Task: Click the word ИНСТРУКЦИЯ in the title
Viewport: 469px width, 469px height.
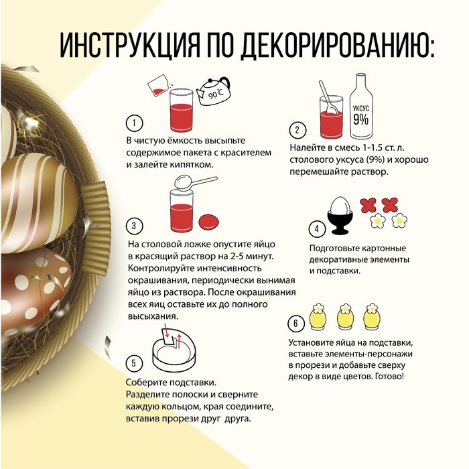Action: [129, 45]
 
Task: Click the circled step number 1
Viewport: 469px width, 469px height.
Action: [134, 123]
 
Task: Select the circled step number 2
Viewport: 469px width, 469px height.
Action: [297, 130]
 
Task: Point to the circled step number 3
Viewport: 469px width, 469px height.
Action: [134, 226]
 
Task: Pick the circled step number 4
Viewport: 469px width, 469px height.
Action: [317, 229]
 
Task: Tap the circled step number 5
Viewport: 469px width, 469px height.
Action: [134, 363]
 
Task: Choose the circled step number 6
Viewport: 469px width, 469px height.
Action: [296, 324]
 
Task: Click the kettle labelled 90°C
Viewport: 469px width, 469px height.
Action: [214, 92]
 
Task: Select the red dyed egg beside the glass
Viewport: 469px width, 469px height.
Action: [209, 222]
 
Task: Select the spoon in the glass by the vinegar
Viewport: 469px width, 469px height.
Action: [328, 98]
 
